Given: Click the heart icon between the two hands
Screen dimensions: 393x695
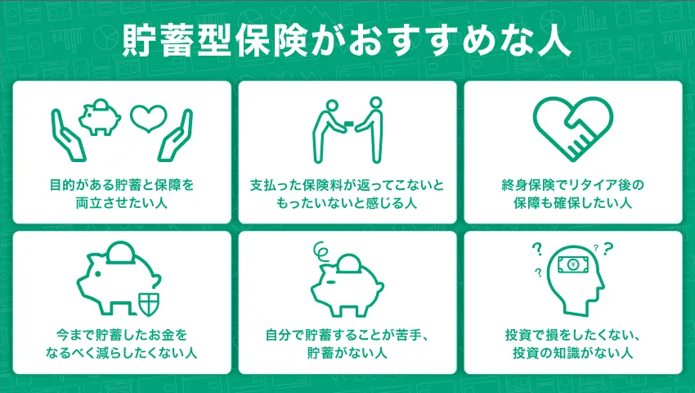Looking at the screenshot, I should coord(148,119).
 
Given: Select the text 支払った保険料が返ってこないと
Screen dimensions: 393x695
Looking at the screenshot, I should coord(347,184).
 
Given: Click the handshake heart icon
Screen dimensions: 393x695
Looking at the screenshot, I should coord(572,129).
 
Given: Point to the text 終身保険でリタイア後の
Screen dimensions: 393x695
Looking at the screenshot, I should coord(572,184).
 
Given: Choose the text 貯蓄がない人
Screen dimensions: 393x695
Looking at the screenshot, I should coord(347,354).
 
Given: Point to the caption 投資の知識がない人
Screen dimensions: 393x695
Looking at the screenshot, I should coord(572,354).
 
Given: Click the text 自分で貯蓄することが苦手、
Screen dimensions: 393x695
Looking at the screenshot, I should coord(347,335).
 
